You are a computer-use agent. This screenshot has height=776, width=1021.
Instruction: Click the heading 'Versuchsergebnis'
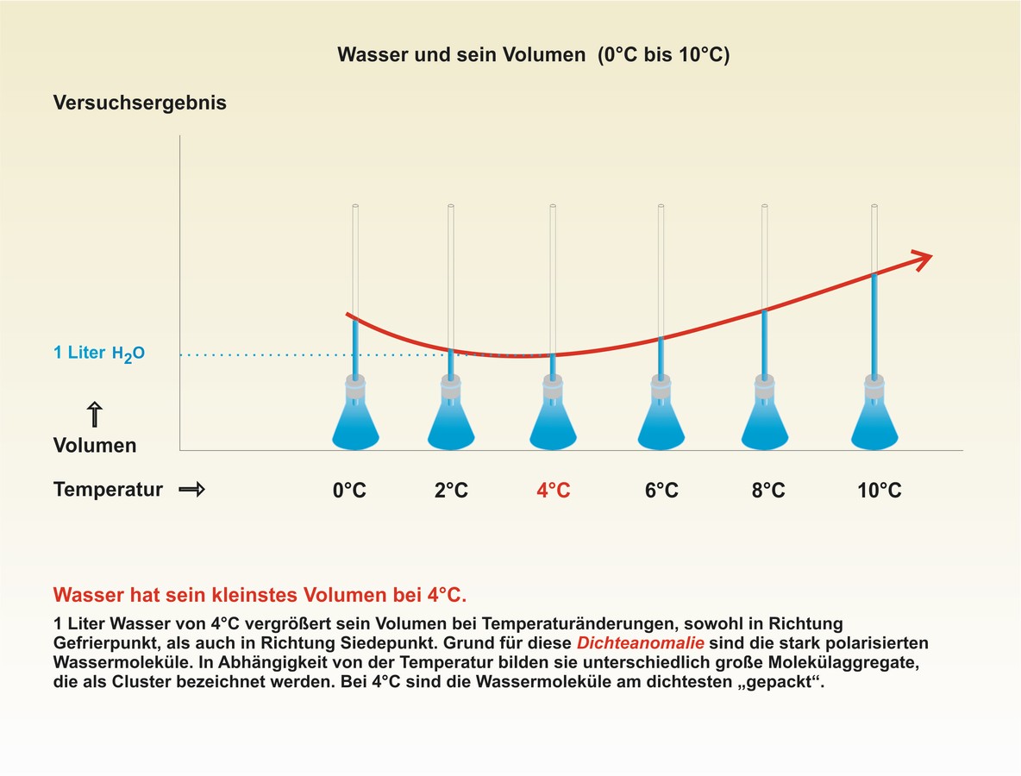140,103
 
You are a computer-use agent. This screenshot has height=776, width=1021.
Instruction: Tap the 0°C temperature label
349,491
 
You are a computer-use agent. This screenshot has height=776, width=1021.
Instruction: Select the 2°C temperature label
451,491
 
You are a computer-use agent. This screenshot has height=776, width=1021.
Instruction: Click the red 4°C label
553,491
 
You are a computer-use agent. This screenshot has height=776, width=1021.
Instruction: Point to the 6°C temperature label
661,491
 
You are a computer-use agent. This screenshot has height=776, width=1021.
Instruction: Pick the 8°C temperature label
767,491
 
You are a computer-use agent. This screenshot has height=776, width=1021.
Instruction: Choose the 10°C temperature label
879,491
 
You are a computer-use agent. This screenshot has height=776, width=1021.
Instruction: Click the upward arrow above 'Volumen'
95,415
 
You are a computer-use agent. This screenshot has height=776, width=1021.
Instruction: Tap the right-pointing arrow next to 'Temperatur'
191,490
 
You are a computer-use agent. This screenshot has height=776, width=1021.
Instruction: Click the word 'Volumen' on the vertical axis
95,446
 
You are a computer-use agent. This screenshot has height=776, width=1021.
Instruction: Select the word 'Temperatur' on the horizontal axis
108,490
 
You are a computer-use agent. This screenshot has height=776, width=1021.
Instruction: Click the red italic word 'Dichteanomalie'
641,643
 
